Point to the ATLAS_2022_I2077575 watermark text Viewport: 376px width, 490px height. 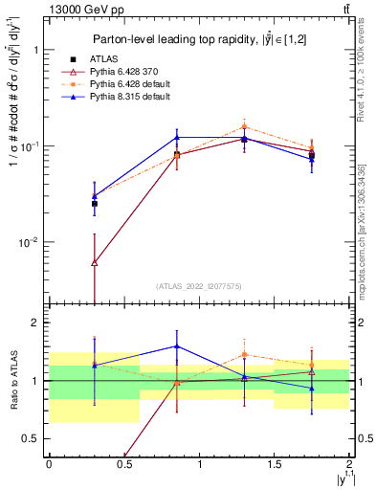198,286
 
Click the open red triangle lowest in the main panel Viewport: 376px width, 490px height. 94,262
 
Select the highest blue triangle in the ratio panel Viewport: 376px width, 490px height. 177,346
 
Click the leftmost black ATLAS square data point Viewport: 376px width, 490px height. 94,204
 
